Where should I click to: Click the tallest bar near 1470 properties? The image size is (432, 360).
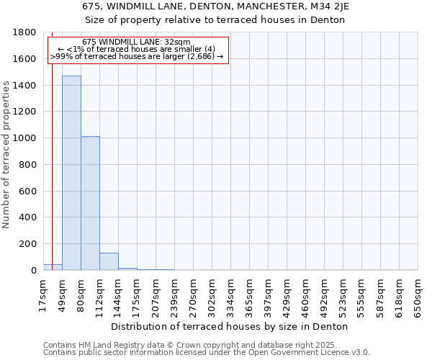tap(71, 173)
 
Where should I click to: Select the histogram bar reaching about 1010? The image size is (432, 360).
tap(90, 203)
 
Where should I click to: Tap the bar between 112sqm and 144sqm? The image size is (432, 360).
tap(109, 261)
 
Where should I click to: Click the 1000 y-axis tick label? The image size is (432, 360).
tap(24, 138)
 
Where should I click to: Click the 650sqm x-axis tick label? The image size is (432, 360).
tap(418, 296)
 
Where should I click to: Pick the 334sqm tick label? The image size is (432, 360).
tap(230, 296)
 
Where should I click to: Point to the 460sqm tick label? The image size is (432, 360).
tap(305, 296)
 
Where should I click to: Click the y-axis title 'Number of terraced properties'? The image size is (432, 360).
tap(6, 154)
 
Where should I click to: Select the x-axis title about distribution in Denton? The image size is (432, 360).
tap(230, 326)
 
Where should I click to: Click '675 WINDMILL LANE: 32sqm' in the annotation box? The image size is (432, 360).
tap(136, 42)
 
